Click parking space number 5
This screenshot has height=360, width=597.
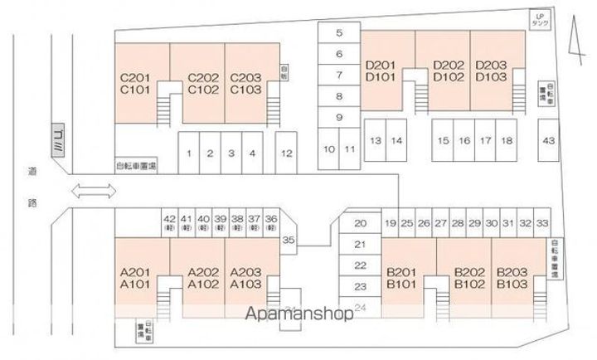coord(339,33)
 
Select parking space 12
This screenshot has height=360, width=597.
coord(287,153)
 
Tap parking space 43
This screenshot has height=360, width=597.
coord(548,140)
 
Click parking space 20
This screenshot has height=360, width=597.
coord(360,223)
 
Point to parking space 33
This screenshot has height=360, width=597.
coord(542,223)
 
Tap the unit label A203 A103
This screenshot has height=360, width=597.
coord(245,277)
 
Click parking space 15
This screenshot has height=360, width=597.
coord(444,141)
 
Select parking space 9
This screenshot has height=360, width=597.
coord(339,117)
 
